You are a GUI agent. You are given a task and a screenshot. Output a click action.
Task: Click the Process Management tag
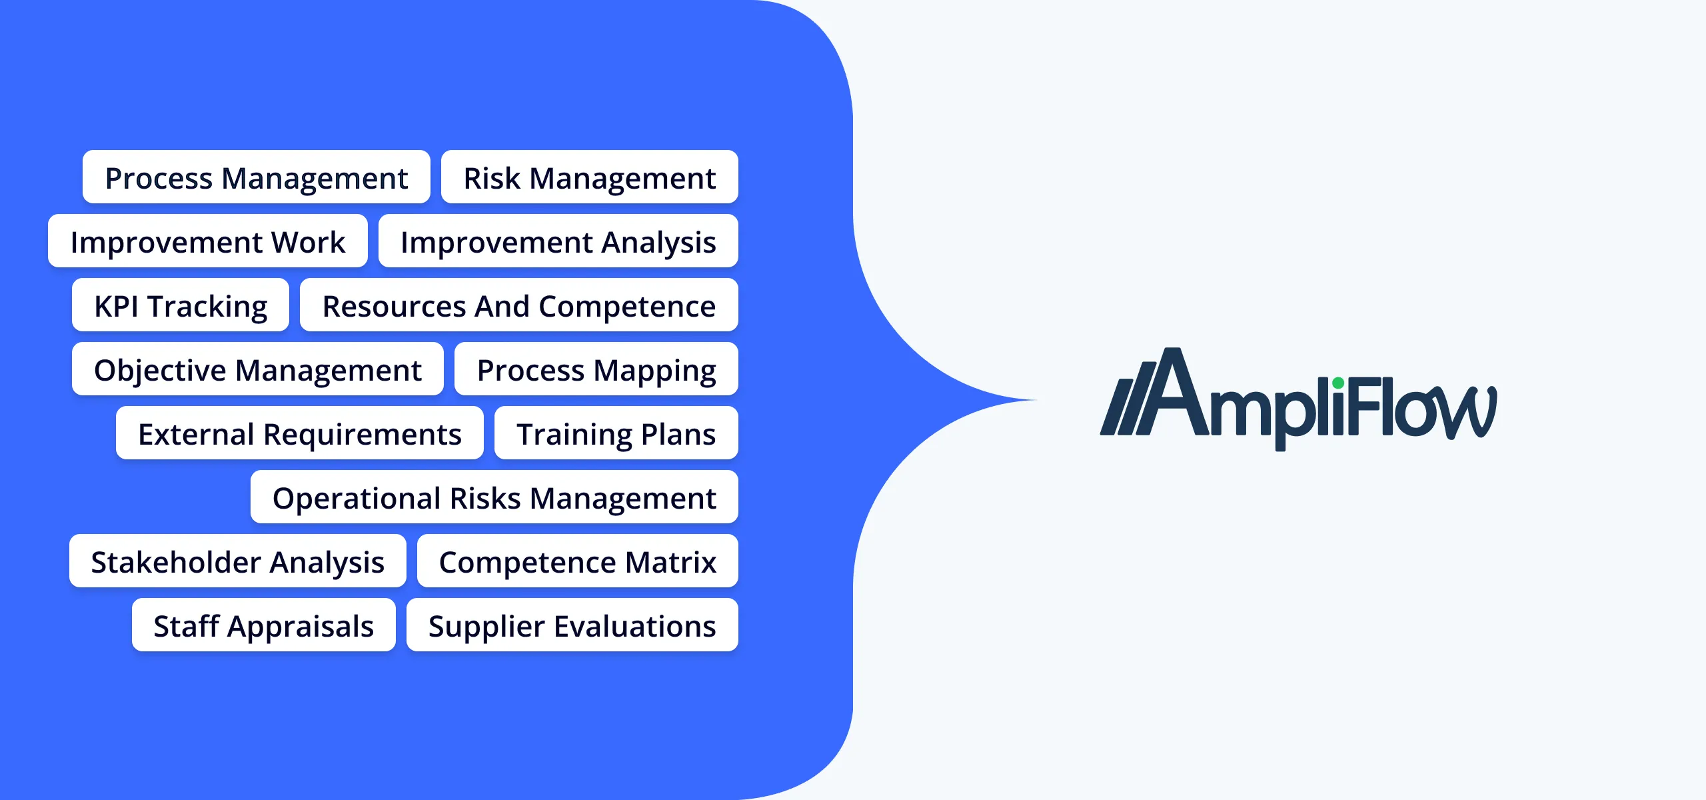click(257, 177)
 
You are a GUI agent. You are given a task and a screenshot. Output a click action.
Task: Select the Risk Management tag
click(590, 177)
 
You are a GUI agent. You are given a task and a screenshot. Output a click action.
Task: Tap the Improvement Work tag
click(208, 241)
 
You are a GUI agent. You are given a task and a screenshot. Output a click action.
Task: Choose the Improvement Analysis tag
click(558, 241)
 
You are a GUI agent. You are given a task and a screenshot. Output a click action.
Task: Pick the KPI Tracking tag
click(181, 305)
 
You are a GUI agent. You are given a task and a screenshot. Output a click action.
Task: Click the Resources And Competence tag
click(519, 305)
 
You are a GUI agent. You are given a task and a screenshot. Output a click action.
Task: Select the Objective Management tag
click(258, 369)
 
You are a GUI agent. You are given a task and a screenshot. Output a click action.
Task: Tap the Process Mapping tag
click(596, 369)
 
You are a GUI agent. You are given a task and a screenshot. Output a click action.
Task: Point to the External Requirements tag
click(300, 433)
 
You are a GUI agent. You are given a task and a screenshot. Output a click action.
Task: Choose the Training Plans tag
click(616, 433)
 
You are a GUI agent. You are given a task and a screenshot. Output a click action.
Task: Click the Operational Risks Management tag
click(494, 497)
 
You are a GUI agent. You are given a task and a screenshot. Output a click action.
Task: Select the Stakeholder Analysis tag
click(238, 561)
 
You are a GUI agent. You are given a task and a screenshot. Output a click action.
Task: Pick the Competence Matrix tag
click(578, 561)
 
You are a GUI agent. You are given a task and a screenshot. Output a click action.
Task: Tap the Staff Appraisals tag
click(264, 625)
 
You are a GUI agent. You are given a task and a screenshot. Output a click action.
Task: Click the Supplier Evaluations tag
click(572, 625)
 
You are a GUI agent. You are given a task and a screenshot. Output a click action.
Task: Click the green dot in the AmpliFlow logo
click(1338, 383)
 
